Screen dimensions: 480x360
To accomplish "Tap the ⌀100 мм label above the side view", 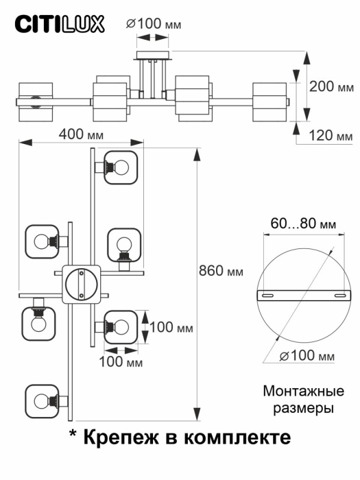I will coord(153,24).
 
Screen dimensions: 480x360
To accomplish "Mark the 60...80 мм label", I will coord(302,224).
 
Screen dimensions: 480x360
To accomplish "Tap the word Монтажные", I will coord(302,392).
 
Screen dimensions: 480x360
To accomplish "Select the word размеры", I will coord(302,409).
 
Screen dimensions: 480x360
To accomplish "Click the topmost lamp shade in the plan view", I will coord(121,167).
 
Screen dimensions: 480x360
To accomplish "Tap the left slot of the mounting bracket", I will coord(268,295).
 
